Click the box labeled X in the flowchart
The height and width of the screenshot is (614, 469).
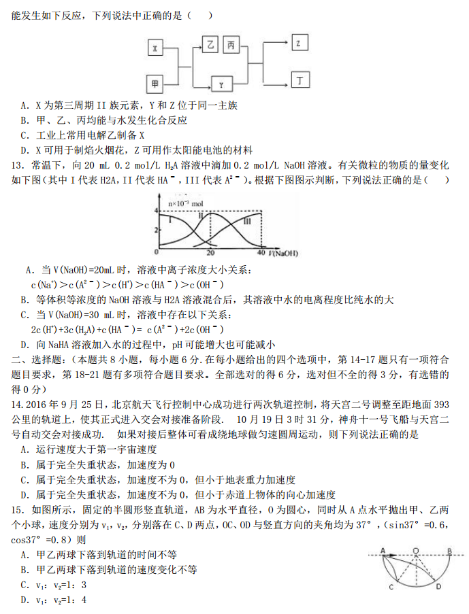click(x=156, y=49)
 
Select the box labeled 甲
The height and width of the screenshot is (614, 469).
click(x=156, y=84)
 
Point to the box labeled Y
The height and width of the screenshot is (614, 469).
click(x=221, y=84)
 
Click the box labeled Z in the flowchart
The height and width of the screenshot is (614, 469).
click(x=298, y=44)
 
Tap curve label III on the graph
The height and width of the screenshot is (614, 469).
click(x=246, y=221)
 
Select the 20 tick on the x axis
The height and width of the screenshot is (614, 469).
click(x=210, y=252)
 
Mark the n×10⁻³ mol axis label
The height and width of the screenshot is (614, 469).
click(x=185, y=203)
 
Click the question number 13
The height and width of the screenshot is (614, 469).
click(x=18, y=165)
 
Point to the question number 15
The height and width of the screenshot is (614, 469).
click(x=18, y=509)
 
